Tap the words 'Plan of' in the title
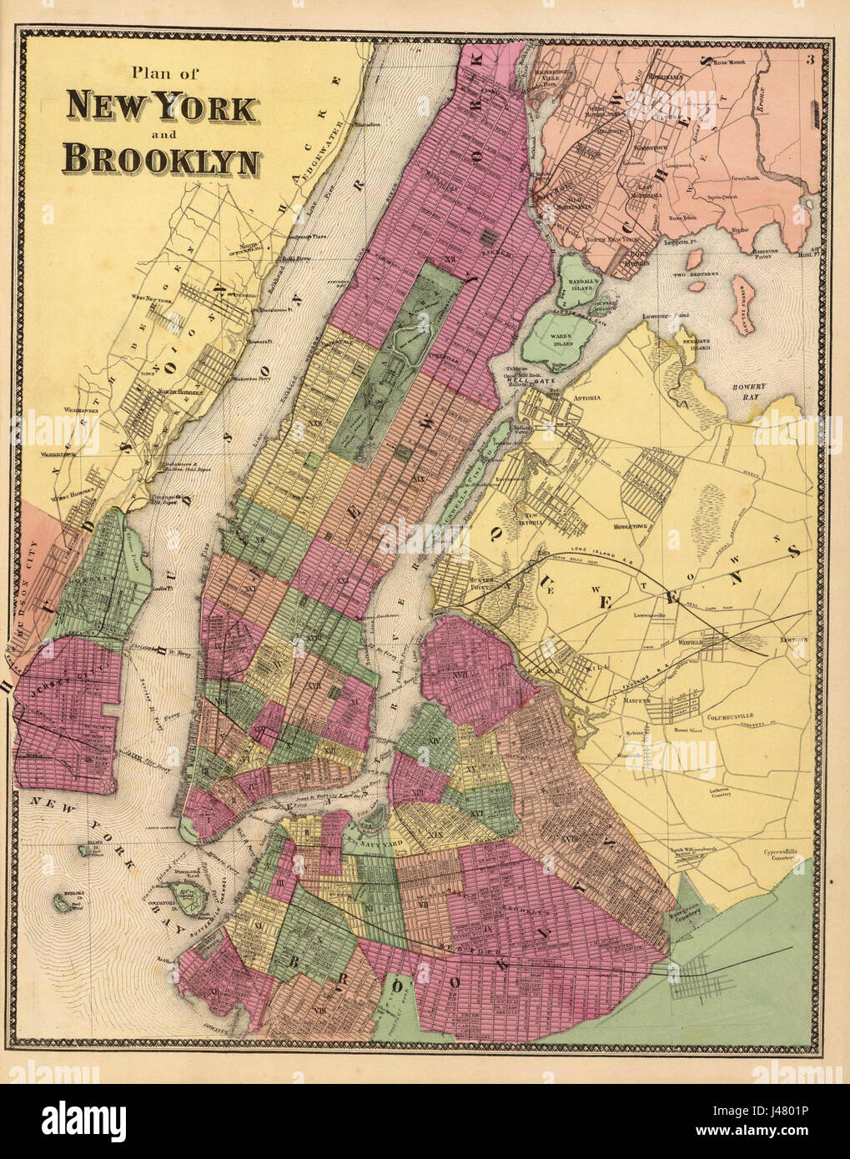pos(163,75)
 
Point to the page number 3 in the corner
pos(809,58)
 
